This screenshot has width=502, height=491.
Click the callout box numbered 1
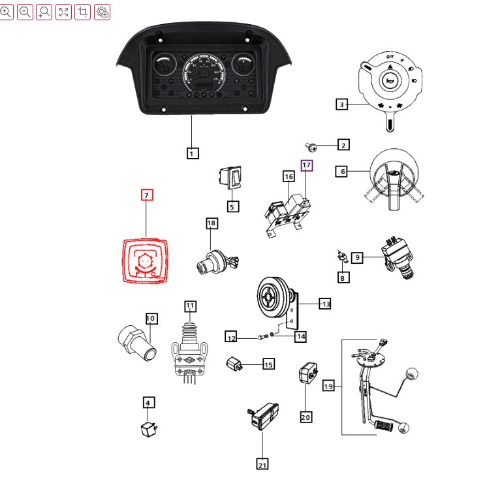tap(192, 153)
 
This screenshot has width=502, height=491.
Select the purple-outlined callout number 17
tap(306, 165)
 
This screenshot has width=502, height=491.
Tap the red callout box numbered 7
tap(147, 195)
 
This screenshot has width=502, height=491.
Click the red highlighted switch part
tap(146, 261)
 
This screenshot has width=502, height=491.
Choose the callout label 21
tap(262, 464)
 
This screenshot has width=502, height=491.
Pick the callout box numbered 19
tap(328, 387)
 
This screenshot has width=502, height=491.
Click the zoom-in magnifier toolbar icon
tap(6, 11)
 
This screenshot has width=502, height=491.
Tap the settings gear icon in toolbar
tap(102, 11)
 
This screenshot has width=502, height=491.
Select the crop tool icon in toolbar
tap(83, 11)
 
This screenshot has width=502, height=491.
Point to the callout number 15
tap(268, 364)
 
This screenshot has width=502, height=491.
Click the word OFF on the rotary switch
tap(390, 57)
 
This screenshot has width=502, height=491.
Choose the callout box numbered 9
tap(356, 258)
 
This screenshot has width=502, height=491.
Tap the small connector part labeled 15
tap(234, 364)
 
